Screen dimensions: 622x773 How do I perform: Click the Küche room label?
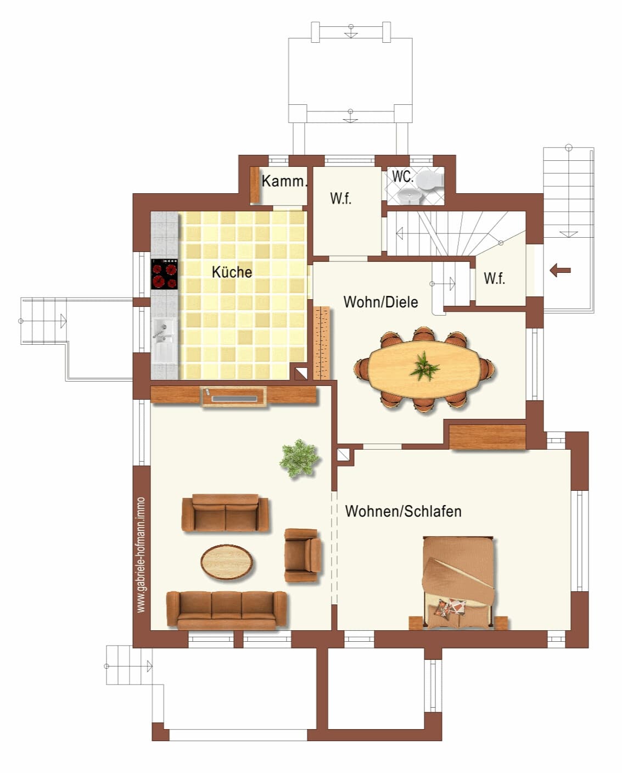coord(232,272)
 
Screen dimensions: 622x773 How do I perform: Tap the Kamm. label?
coord(284,181)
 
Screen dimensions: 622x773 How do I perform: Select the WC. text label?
coord(402,176)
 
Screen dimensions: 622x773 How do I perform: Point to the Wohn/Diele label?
coord(380,302)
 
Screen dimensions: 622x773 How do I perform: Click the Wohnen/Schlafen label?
coord(403,511)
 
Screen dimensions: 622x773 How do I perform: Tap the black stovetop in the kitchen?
coord(165,274)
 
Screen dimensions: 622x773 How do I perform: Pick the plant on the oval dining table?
coord(424,366)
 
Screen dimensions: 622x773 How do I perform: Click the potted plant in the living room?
coord(299,458)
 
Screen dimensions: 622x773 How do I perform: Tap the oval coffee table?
coord(227,562)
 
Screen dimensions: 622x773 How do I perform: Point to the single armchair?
coord(302,555)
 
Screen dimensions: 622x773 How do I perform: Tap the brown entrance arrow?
coord(560,270)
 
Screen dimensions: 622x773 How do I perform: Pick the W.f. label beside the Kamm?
coord(340,198)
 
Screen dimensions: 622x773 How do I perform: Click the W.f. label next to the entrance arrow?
coord(494,278)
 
